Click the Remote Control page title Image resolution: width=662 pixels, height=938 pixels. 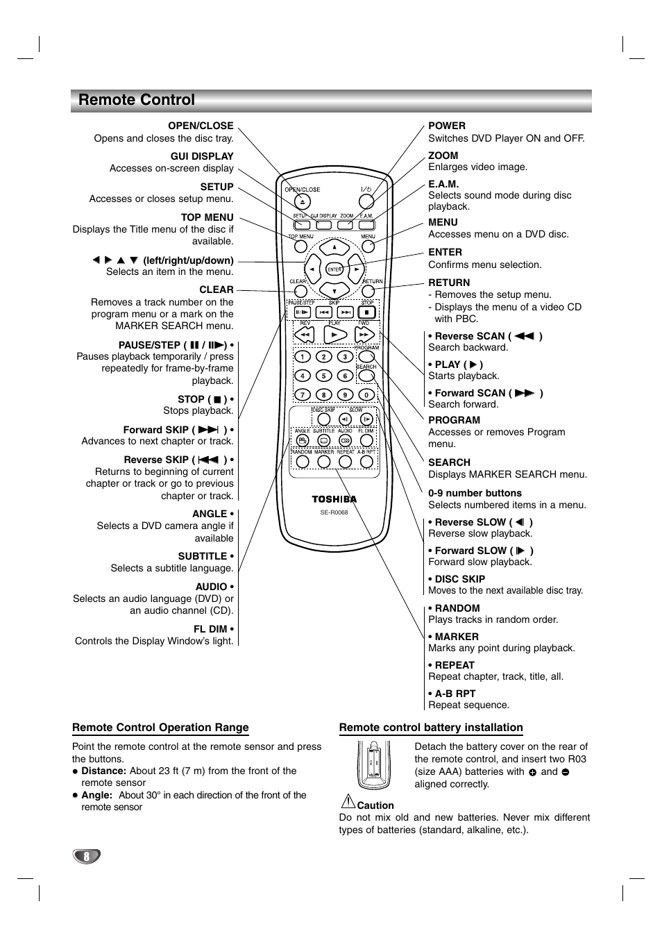click(x=137, y=100)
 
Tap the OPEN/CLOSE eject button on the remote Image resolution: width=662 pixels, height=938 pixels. click(x=303, y=201)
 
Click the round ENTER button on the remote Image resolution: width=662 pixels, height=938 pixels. click(x=334, y=269)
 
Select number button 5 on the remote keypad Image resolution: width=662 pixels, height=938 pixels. click(x=323, y=376)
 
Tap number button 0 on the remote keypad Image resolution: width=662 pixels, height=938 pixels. click(x=366, y=394)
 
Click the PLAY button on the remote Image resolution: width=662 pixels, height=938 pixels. click(x=334, y=335)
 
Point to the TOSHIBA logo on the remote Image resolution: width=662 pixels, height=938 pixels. click(x=334, y=499)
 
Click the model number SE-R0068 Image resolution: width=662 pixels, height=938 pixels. click(x=334, y=512)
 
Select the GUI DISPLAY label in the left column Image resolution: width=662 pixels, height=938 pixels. click(x=202, y=156)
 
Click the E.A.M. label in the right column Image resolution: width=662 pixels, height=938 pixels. click(x=443, y=184)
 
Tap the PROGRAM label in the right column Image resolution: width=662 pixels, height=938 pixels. click(x=454, y=420)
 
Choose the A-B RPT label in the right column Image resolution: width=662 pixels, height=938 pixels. click(x=455, y=693)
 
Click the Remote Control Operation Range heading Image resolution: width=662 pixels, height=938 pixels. click(x=160, y=728)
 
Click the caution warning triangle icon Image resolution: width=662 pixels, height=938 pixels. click(x=347, y=802)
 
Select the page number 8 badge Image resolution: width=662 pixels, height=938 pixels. click(x=87, y=856)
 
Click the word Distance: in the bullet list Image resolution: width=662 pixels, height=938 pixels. click(x=103, y=771)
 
